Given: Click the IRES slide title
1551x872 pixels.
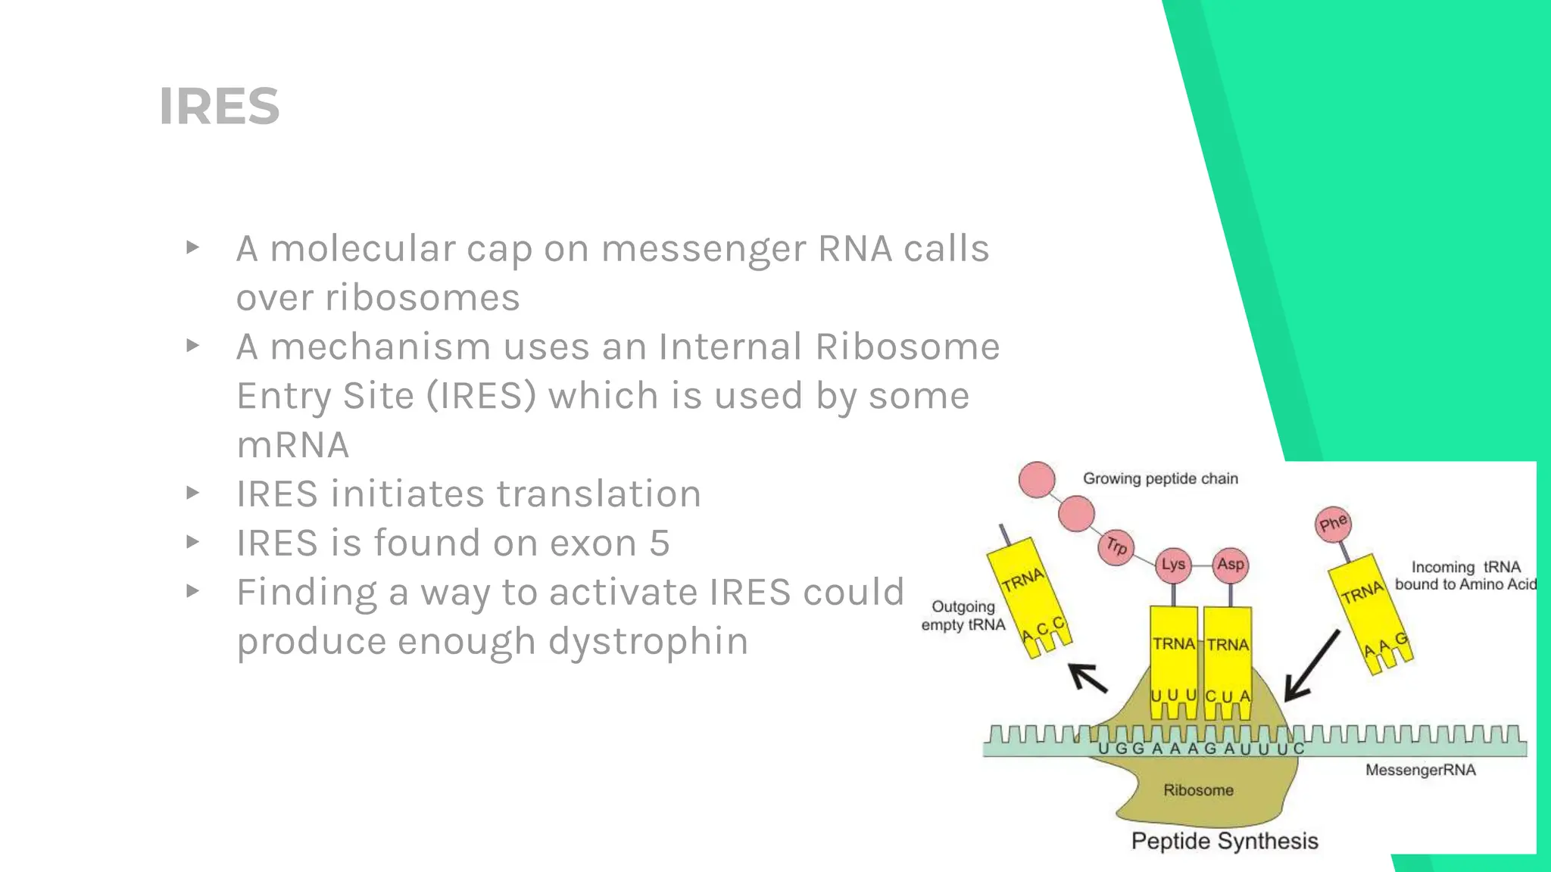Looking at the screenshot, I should [x=220, y=106].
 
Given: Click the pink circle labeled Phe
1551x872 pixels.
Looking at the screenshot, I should [x=1333, y=524].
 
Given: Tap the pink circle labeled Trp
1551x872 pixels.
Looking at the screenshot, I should [x=1116, y=546].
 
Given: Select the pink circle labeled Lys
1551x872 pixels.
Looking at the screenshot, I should [x=1173, y=565].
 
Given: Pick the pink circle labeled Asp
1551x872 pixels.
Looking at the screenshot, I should [x=1230, y=565].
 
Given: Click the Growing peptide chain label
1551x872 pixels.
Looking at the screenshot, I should [x=1160, y=478].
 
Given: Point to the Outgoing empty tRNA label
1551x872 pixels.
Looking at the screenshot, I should [x=963, y=615].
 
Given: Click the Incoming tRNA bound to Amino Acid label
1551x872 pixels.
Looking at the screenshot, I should [x=1465, y=575].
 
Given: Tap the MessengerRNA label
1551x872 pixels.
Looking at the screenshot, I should [x=1420, y=771].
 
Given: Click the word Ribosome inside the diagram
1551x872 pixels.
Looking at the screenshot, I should [x=1198, y=790].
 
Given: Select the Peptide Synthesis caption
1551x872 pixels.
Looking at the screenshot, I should [x=1225, y=841].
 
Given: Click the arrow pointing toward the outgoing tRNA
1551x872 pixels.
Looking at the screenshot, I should [x=1088, y=677].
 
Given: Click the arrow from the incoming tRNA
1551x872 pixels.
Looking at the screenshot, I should [x=1312, y=666].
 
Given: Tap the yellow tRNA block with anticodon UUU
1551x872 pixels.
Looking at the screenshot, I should [x=1173, y=659].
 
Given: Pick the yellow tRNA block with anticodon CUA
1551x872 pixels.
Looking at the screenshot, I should [x=1228, y=659].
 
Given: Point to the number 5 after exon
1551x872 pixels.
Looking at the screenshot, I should [x=660, y=543].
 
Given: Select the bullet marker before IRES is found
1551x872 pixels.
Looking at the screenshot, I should [x=192, y=542].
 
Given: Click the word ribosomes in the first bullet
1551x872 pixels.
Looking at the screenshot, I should [x=423, y=297].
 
